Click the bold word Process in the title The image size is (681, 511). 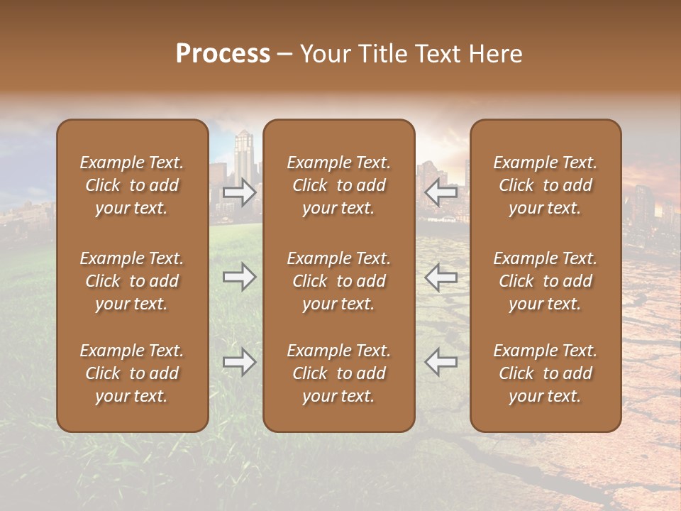[223, 54]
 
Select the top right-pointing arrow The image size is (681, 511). [240, 192]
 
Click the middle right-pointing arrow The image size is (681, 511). [240, 277]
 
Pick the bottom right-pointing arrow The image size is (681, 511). [240, 362]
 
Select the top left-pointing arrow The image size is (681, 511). [441, 192]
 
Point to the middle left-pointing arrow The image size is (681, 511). [441, 277]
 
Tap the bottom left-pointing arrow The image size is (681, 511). [441, 362]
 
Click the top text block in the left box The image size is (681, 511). [132, 185]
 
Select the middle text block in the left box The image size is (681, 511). [132, 281]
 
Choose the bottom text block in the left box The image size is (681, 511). [132, 373]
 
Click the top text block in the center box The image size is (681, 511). [338, 185]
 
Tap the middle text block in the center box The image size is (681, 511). [338, 281]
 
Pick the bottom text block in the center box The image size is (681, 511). [338, 373]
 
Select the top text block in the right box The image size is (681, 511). [545, 185]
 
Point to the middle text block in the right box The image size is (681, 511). [545, 281]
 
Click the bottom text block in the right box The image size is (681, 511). [545, 373]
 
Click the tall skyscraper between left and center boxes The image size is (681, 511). [243, 153]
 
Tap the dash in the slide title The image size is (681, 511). [285, 55]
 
